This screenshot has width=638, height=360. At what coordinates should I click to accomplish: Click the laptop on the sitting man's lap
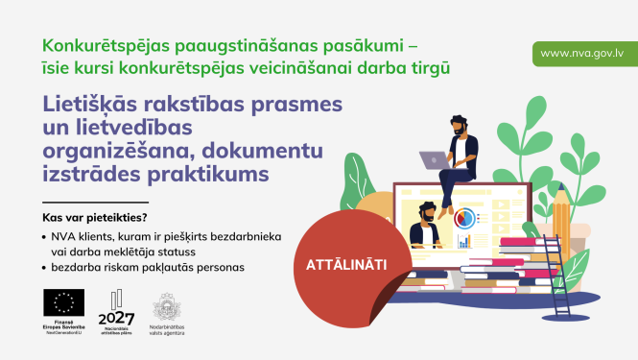point(437,160)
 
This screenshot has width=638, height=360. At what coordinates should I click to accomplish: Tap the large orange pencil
point(561,221)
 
